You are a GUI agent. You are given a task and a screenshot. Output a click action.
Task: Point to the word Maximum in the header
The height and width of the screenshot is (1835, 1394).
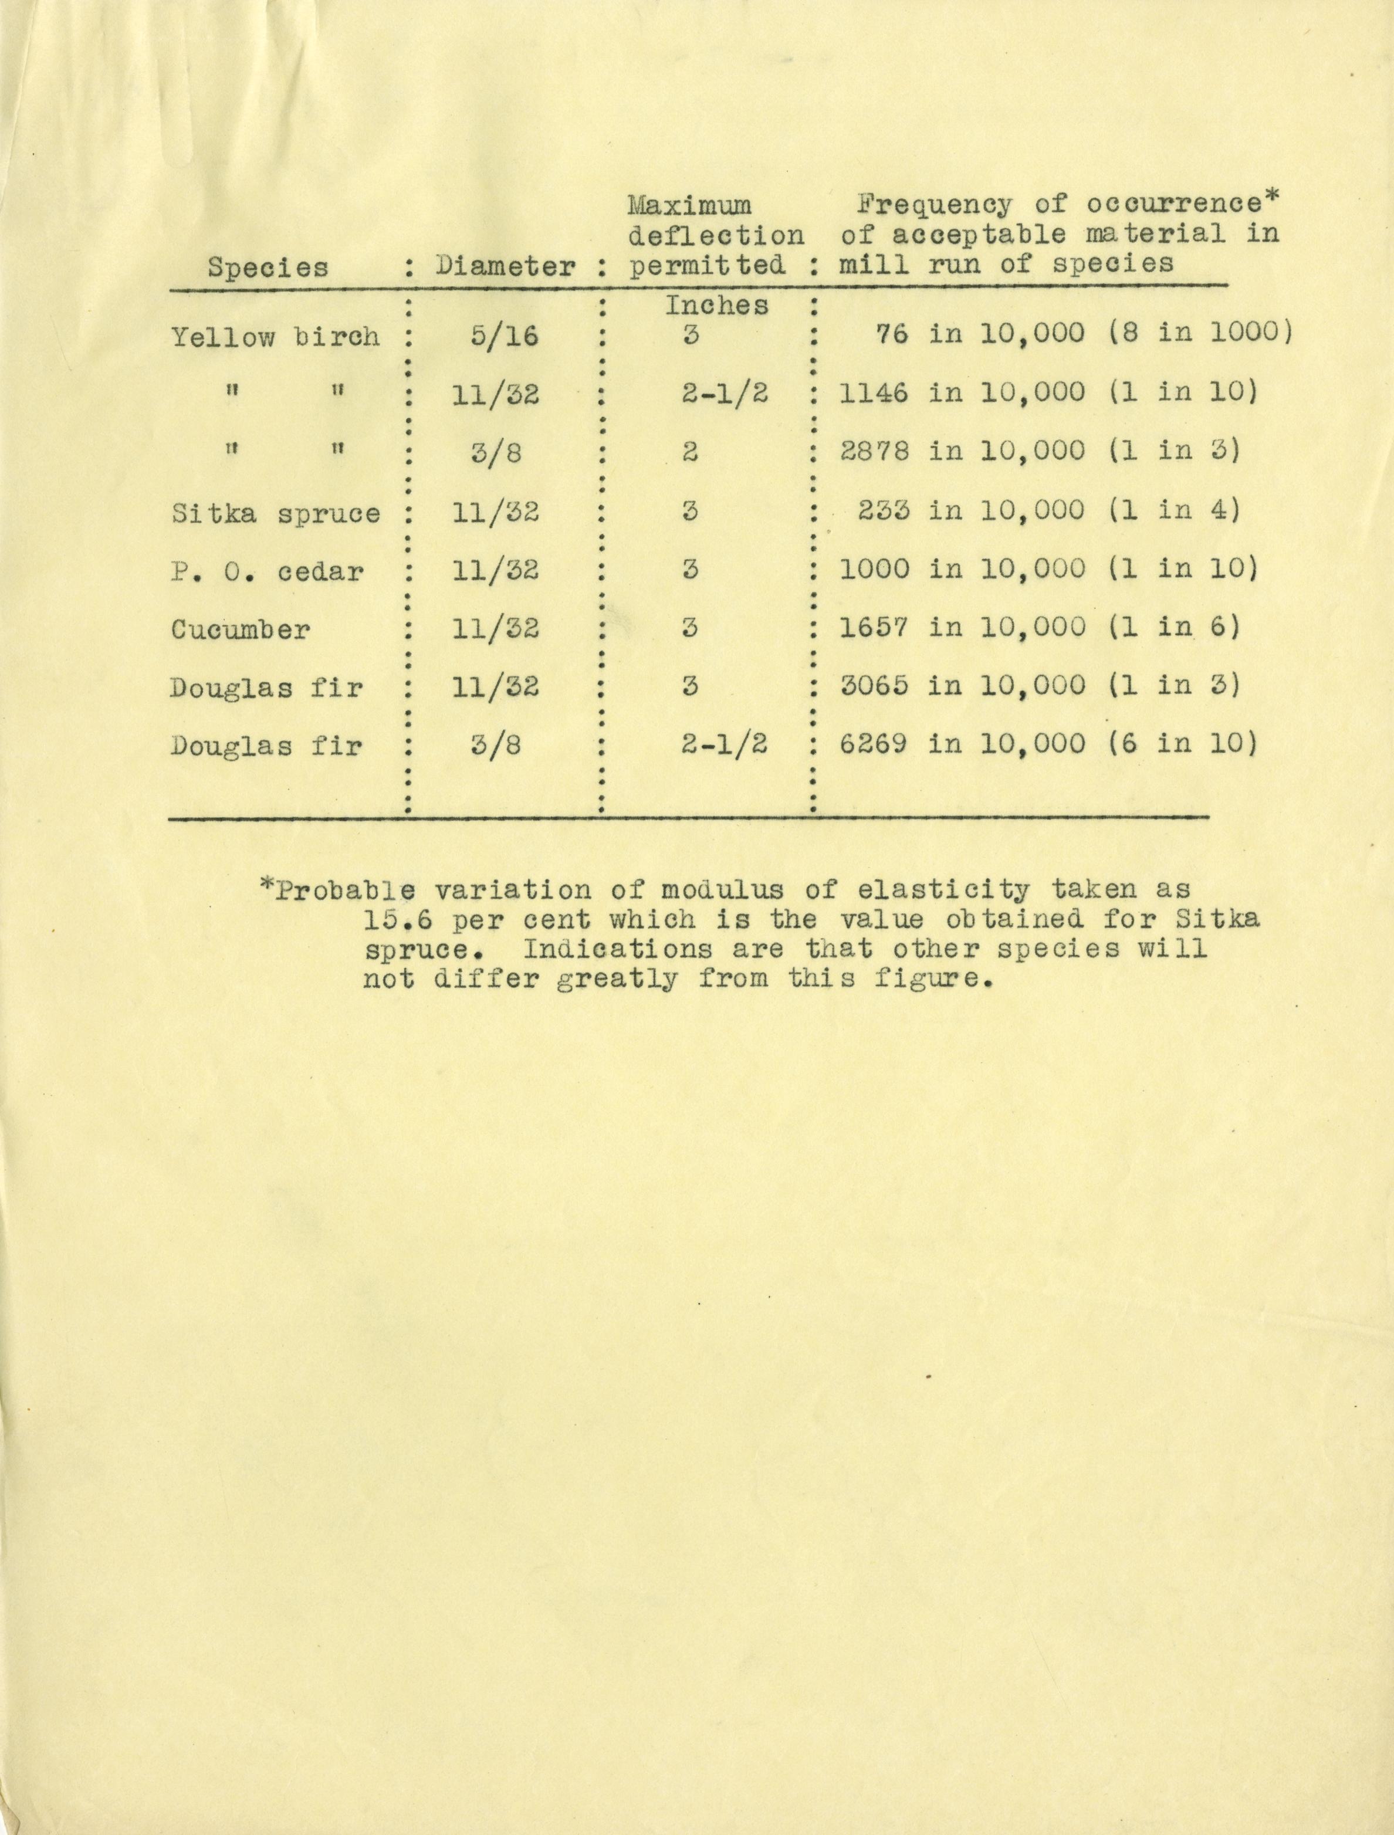(x=689, y=204)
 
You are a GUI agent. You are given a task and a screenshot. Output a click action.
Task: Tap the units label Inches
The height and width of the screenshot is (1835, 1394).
(x=716, y=305)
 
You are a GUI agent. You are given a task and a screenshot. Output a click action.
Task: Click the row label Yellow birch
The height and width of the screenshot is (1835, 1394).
(x=276, y=336)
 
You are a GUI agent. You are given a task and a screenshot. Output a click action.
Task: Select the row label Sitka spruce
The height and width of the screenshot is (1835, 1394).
(x=276, y=513)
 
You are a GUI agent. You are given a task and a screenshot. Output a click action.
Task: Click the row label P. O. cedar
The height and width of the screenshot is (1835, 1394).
(x=267, y=571)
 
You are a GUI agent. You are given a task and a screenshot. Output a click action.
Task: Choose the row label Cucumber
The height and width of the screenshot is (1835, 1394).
(x=241, y=629)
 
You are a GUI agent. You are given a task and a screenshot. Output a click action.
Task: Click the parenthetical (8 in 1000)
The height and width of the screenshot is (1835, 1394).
(x=1200, y=333)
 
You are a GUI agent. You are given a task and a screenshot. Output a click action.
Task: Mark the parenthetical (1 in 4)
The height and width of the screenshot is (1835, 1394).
(x=1174, y=509)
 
